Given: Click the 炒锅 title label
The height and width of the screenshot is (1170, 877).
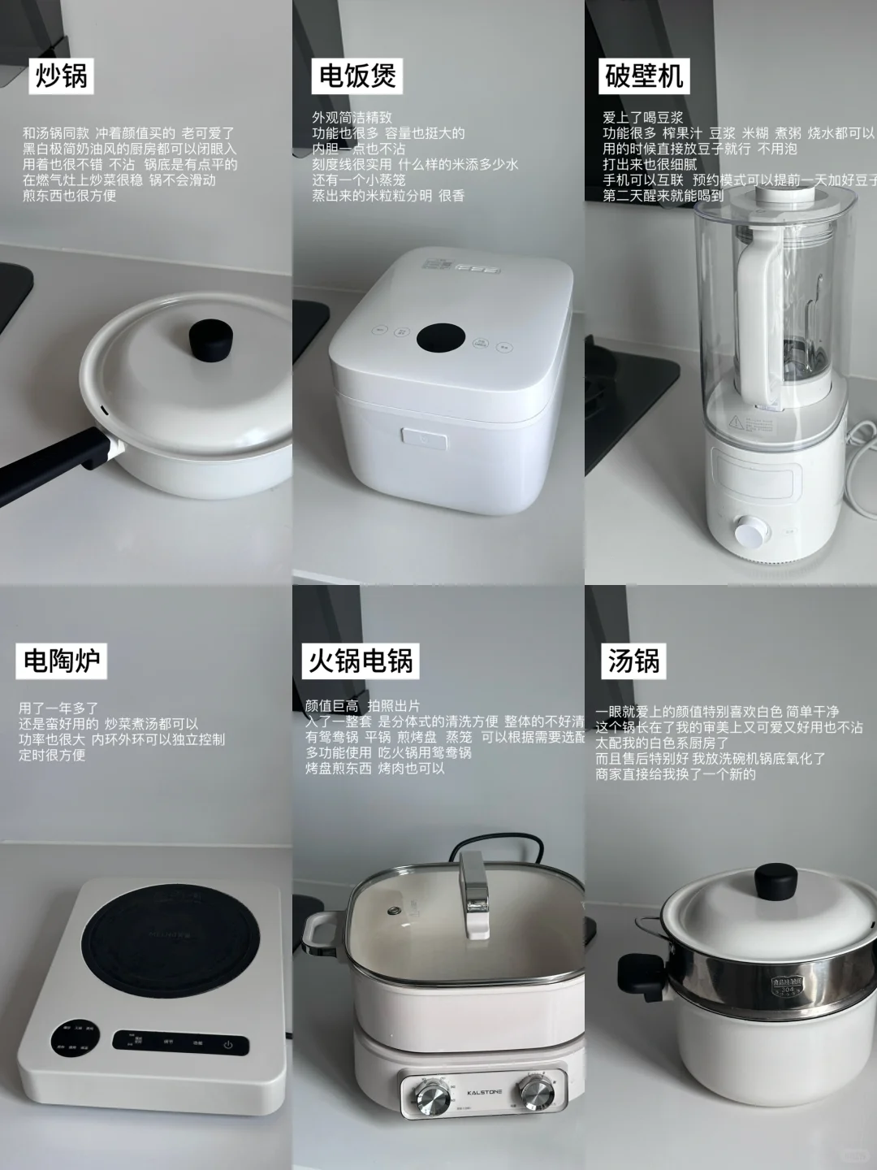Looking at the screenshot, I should pos(61,76).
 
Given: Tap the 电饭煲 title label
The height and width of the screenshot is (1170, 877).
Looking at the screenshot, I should pos(357,76).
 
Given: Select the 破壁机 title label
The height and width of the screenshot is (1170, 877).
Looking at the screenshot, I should pos(644,76).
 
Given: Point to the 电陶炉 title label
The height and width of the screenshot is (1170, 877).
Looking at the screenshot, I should pos(61,661).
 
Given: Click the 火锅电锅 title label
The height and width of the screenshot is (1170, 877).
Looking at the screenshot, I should pos(361,661).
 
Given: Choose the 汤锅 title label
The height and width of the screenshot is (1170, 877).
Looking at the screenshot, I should pos(633,661).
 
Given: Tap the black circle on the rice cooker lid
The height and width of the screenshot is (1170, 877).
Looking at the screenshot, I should pos(440,339).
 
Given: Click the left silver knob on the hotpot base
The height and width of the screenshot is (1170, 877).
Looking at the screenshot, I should pos(430,1094).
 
